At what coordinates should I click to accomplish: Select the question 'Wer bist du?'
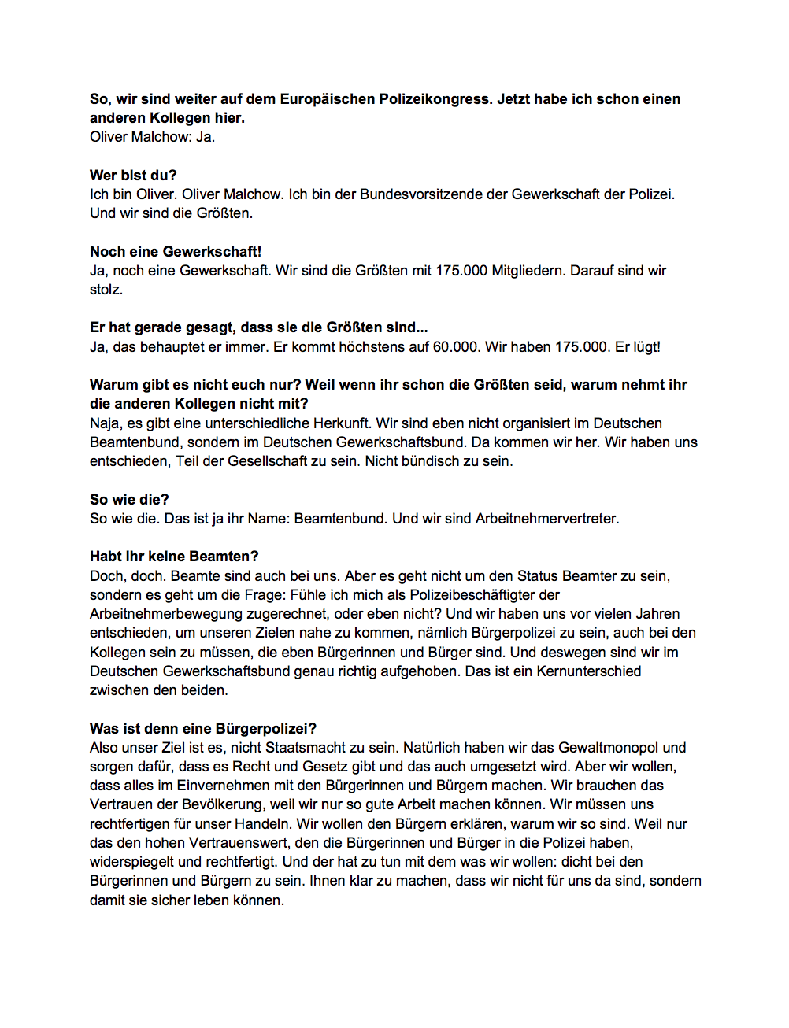coord(133,176)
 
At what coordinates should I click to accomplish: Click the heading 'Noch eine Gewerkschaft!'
coord(176,252)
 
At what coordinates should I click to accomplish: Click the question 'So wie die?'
coord(129,500)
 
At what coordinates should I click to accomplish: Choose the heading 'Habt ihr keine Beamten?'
coord(174,557)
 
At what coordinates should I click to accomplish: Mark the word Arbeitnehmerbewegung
coord(172,614)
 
